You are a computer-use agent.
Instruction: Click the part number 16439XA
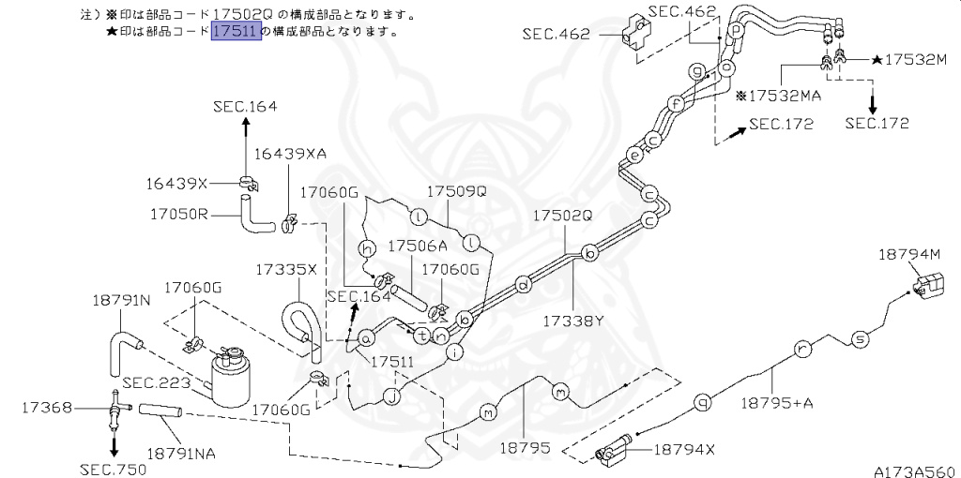[x=289, y=154]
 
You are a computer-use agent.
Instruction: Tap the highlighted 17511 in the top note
[x=236, y=31]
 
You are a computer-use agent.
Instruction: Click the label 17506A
[x=418, y=246]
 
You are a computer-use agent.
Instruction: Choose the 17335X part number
[x=286, y=269]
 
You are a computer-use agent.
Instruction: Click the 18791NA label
[x=181, y=453]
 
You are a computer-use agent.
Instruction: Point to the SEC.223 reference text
[x=156, y=382]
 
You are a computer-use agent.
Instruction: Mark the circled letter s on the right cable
[x=857, y=338]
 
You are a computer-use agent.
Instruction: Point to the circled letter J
[x=391, y=396]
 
